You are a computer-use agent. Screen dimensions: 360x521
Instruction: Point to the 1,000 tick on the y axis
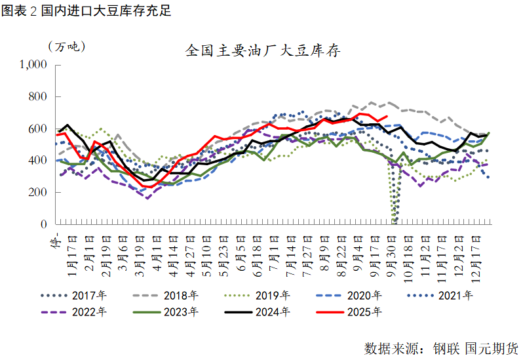[33, 65]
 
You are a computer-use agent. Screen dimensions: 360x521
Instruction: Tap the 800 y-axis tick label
[38, 97]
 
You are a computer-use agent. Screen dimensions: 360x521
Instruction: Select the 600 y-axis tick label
[38, 129]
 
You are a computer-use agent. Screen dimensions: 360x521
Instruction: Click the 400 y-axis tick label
[38, 161]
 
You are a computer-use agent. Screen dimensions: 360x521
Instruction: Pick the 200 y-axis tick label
[38, 193]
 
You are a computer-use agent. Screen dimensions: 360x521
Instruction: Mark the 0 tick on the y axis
[44, 224]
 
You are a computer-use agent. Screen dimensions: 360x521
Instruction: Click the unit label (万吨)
[66, 47]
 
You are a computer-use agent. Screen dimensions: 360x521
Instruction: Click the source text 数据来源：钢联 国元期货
[440, 347]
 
